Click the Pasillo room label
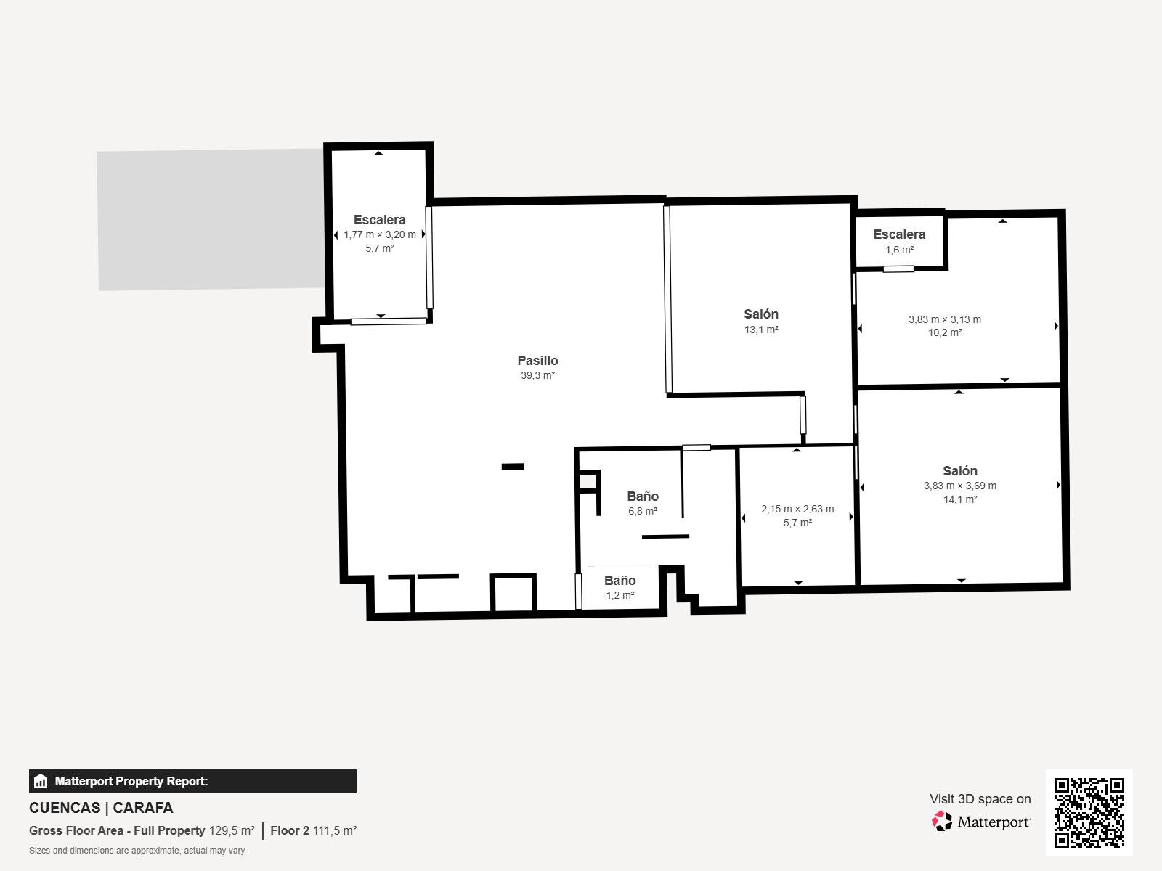(537, 360)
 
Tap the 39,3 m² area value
(537, 375)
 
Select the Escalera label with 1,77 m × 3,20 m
(380, 219)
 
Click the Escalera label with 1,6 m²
(899, 234)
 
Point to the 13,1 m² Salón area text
(760, 330)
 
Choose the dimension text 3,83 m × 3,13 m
(944, 319)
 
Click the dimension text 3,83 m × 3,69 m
(960, 486)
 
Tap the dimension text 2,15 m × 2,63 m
(797, 509)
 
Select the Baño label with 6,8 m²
(643, 496)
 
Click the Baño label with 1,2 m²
(619, 580)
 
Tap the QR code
(1089, 812)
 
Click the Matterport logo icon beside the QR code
(942, 822)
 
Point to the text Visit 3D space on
(980, 798)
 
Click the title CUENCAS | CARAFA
(101, 808)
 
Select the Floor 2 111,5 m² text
(314, 830)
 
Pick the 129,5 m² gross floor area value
(232, 830)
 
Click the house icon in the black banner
(41, 780)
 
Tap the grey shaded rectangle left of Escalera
(211, 219)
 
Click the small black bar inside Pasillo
(513, 467)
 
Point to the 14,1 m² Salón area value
(960, 499)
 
